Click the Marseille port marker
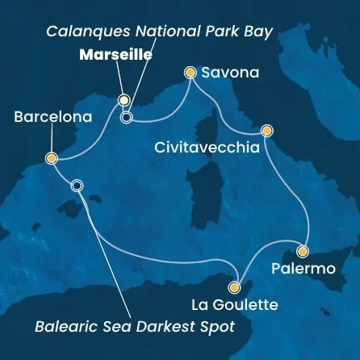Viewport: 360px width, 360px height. coord(123,100)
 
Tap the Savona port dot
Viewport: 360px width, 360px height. coord(190,73)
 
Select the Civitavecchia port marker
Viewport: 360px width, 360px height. coord(266,130)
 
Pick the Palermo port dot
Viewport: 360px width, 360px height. coord(303,250)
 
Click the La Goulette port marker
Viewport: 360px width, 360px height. coord(235,287)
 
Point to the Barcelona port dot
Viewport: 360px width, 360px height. coord(51,158)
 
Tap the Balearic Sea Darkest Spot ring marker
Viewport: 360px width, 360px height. coord(77,185)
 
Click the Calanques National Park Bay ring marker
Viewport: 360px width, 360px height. coord(126,117)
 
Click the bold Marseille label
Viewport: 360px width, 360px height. coord(115,55)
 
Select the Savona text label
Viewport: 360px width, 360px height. coord(230,73)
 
